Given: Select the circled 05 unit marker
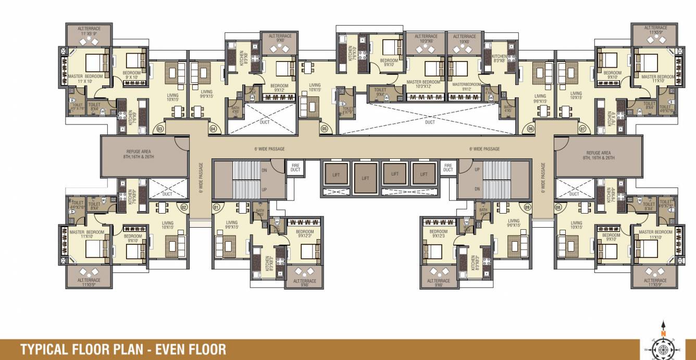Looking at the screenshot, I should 325,128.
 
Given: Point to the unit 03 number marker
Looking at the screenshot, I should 160,128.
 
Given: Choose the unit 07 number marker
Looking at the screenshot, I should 582,128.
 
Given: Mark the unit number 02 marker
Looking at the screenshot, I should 183,207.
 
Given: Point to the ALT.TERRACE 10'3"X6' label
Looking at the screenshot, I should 426,38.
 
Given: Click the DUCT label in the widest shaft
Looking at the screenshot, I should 429,122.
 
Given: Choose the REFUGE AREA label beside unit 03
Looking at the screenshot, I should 139,154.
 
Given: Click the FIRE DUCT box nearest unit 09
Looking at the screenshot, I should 448,167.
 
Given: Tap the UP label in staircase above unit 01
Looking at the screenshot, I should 264,190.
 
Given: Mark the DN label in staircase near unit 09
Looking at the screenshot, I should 477,190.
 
